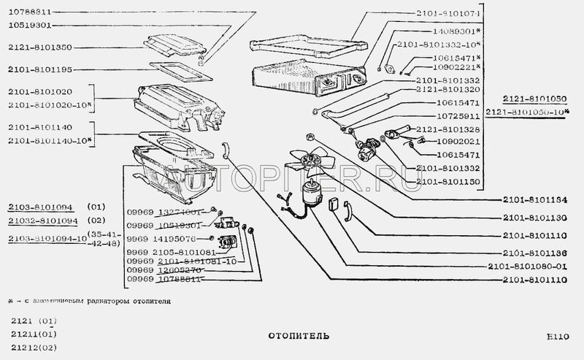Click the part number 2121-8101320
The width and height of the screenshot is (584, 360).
coord(447,89)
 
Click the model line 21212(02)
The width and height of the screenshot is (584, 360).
coord(34,347)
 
